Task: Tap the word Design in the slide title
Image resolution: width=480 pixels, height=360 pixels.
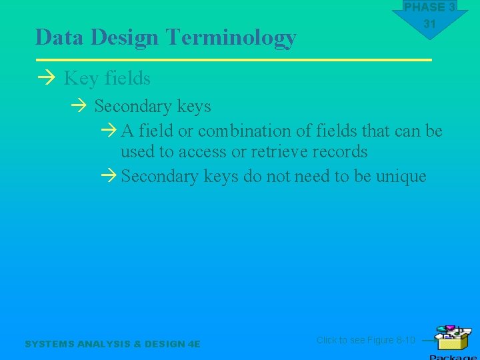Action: tap(127, 38)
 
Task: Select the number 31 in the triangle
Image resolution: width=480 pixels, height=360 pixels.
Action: tap(429, 24)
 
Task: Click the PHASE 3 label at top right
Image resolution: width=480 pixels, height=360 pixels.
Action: tap(429, 7)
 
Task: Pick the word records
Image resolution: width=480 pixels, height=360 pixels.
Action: tap(340, 152)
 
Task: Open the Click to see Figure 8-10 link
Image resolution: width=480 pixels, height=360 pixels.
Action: tap(365, 340)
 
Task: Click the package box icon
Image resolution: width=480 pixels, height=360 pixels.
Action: tap(451, 338)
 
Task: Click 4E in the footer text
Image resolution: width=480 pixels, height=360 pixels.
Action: tap(194, 344)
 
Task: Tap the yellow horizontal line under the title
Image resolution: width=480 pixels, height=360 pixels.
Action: tap(233, 60)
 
